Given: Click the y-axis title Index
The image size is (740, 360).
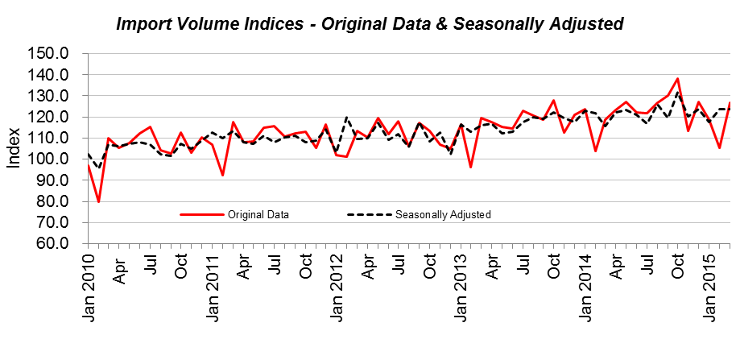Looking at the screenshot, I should (x=14, y=148).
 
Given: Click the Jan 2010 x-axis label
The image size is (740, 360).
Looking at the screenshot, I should (x=89, y=288).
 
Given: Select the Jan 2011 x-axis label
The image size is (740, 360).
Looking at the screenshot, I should (x=213, y=288).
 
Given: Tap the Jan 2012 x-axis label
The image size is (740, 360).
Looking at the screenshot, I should (x=337, y=288).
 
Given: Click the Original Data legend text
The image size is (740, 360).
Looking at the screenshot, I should (x=258, y=215).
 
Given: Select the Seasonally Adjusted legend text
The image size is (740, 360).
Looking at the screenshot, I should (x=443, y=215).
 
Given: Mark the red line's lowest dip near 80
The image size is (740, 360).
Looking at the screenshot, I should (x=98, y=201).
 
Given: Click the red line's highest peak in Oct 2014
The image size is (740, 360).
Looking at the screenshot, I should (x=678, y=79).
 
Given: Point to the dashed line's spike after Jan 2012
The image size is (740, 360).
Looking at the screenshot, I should (x=346, y=118).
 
